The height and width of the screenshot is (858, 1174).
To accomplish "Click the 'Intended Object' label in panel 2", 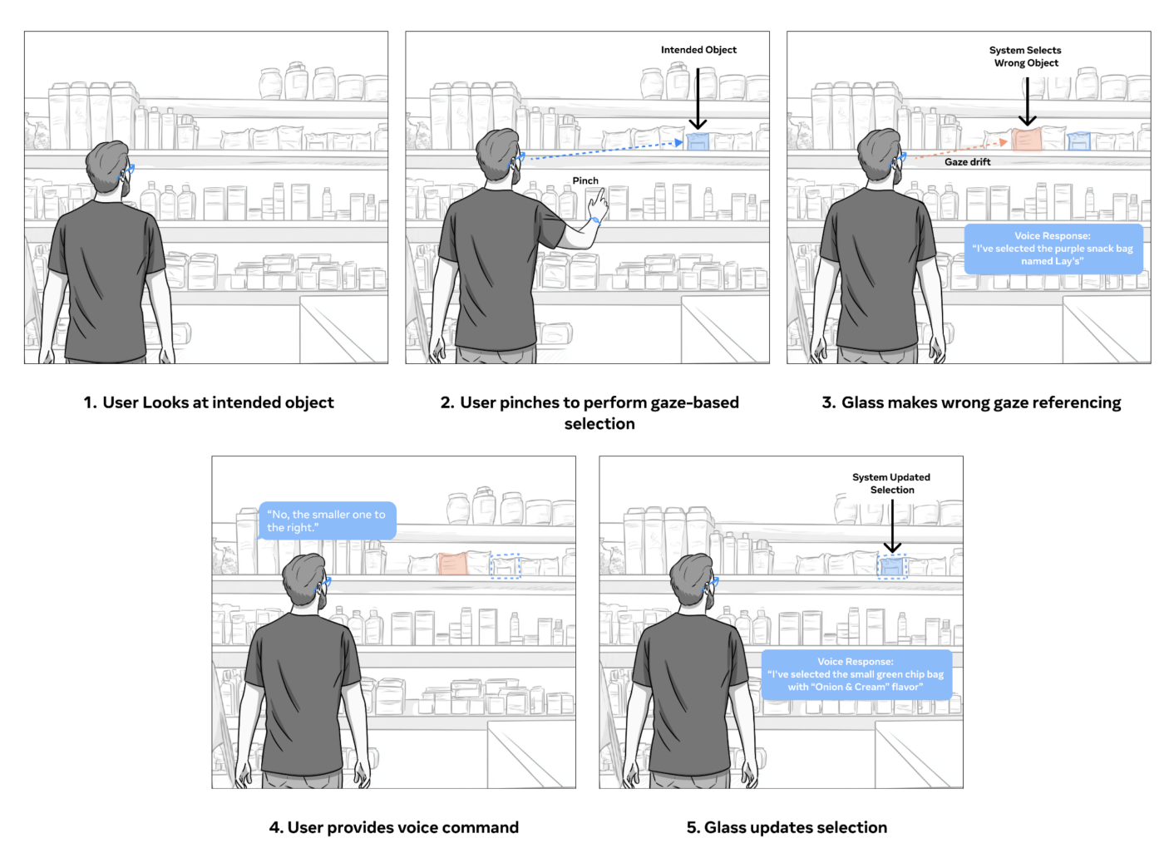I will point(698,50).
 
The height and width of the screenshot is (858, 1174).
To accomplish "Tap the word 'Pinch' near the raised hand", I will point(585,180).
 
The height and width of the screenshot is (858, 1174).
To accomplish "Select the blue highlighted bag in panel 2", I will point(698,142).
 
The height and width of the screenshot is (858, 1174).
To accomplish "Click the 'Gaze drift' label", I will point(967,162).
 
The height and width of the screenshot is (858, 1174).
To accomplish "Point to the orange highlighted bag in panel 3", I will point(1027,139).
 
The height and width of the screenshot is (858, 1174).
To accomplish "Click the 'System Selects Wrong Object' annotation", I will point(1025,57).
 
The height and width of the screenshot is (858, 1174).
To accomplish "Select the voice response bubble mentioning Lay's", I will point(1053,249).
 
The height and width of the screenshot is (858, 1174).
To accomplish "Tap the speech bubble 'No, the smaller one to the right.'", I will point(327,521).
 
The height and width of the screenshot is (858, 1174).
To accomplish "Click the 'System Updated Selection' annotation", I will point(891,483).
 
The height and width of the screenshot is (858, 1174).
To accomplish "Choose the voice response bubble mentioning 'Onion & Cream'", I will point(856,674).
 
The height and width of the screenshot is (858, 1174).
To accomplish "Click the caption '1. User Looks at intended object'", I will point(209,402).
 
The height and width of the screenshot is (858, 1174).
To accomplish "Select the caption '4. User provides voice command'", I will point(393,827).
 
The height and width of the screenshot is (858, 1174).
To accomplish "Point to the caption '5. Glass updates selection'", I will point(787,827).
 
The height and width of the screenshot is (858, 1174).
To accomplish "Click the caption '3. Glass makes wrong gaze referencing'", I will point(971,402).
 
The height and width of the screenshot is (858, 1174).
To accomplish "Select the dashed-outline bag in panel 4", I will point(505,567).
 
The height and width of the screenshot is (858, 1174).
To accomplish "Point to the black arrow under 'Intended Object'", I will point(698,98).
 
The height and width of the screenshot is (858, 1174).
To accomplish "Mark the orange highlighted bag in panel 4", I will point(452,564).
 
